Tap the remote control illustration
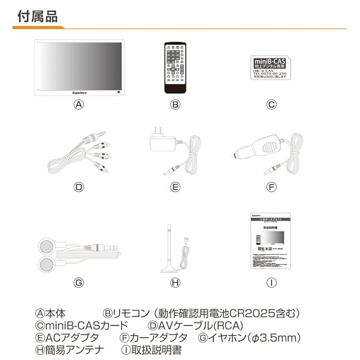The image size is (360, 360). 175,67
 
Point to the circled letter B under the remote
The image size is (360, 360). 175,105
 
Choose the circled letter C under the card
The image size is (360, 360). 272,105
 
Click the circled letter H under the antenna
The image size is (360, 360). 175,282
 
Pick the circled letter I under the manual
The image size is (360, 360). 272,282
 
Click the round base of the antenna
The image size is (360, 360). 169,268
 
